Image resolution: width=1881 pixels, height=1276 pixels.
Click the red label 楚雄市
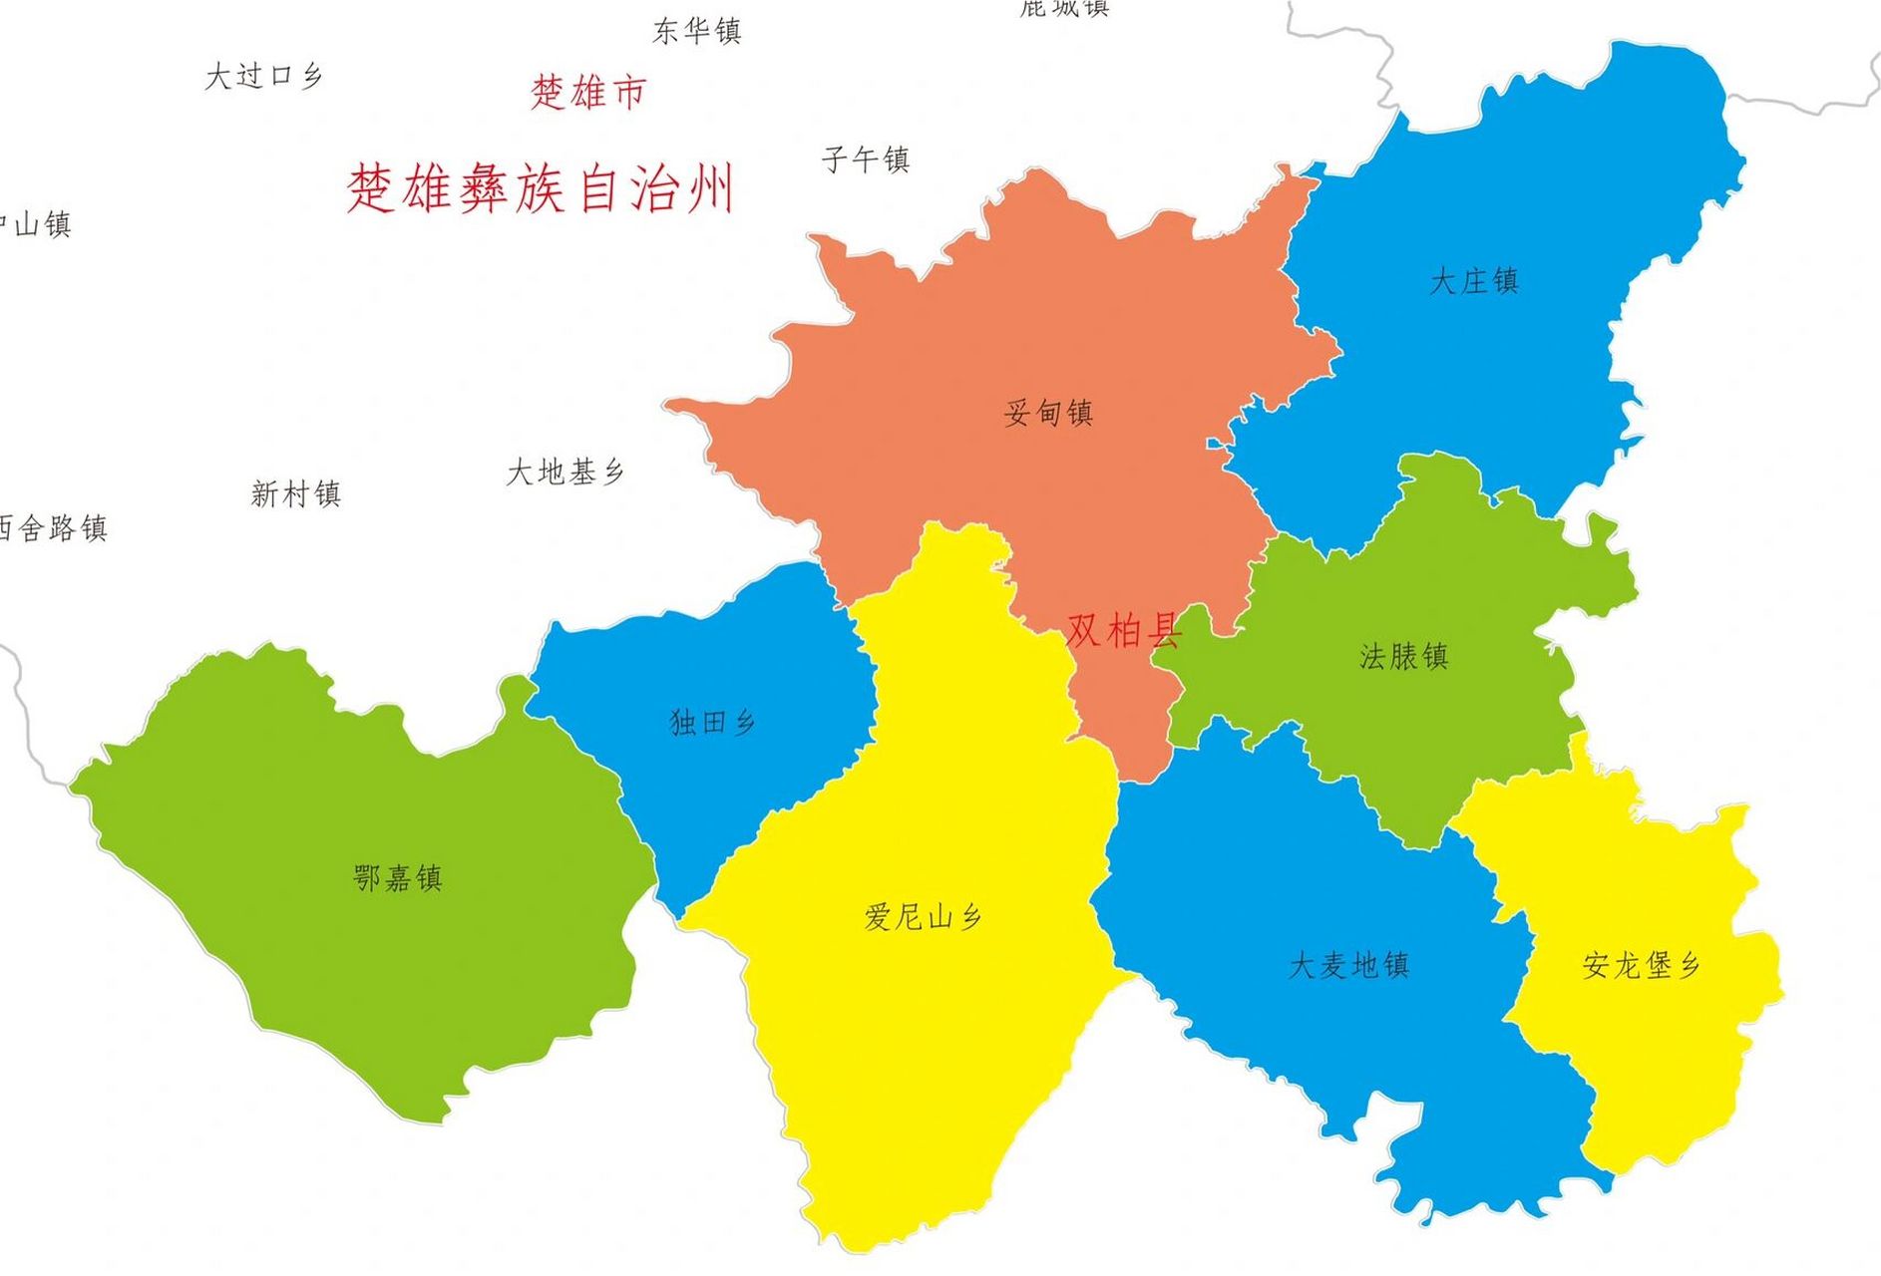point(588,92)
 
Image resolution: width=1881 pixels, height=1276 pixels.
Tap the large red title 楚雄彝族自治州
point(541,188)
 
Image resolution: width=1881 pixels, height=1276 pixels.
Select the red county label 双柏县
point(1123,630)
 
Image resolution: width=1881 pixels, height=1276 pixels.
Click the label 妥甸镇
point(1048,412)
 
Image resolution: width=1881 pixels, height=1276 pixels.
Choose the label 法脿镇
point(1403,656)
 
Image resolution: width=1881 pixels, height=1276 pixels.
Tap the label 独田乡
point(712,722)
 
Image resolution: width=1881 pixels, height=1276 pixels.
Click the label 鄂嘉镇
point(397,878)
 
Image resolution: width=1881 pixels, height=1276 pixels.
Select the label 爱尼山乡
point(923,916)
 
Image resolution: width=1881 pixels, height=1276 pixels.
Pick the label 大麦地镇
point(1348,965)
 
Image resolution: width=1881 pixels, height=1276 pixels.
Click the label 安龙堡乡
point(1641,965)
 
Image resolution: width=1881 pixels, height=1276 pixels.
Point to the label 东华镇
point(697,31)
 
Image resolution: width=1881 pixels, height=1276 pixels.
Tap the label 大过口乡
point(263,76)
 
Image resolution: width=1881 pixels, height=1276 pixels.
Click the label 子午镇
point(865,159)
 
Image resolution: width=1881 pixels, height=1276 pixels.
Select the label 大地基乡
point(564,472)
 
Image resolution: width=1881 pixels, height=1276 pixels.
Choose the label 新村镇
point(295,493)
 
